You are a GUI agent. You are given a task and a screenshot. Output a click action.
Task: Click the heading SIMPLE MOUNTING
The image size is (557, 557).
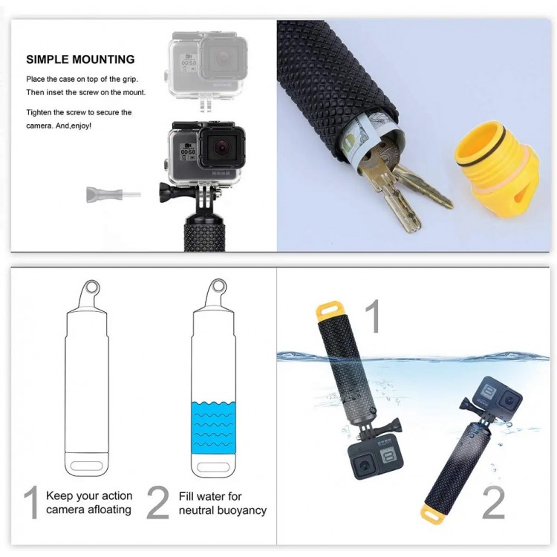[x=80, y=59]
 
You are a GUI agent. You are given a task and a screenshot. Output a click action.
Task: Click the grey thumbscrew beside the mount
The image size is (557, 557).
[x=103, y=194]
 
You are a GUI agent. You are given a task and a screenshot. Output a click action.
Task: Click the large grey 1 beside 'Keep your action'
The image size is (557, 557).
[x=31, y=503]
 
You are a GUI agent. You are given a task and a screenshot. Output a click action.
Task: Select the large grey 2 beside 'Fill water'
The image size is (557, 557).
[x=157, y=503]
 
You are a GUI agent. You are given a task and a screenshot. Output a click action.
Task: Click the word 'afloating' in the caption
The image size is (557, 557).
[x=104, y=510]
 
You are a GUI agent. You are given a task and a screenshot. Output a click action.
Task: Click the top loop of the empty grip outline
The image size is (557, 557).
[x=91, y=287]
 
